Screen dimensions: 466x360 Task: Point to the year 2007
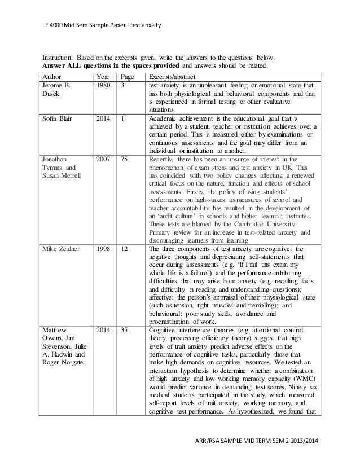click(x=103, y=160)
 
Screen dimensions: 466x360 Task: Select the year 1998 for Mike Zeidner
click(x=103, y=248)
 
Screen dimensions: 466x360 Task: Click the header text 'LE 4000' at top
click(x=55, y=25)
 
